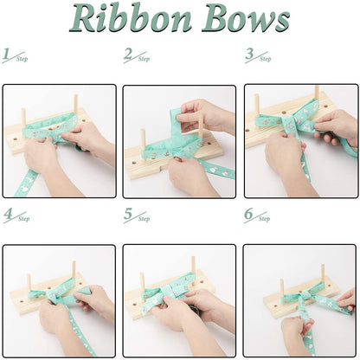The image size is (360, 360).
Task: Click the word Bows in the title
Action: click(246, 19)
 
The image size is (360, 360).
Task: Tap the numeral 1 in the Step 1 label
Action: click(8, 55)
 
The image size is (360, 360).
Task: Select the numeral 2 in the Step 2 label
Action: click(129, 55)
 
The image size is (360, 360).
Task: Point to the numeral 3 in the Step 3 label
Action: click(250, 55)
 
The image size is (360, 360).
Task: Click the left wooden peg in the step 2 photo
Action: click(143, 138)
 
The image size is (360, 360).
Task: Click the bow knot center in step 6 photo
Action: click(302, 299)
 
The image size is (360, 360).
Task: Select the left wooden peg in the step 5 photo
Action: click(142, 281)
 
